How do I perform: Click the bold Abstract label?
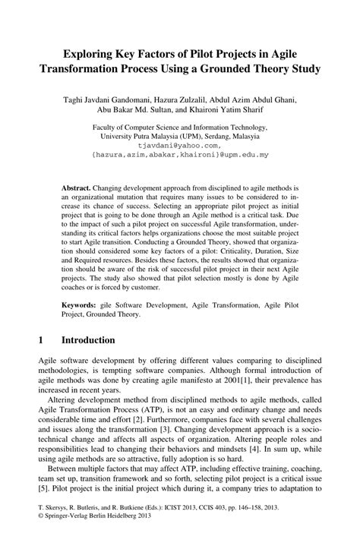pos(77,186)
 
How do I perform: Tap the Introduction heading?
pos(88,340)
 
